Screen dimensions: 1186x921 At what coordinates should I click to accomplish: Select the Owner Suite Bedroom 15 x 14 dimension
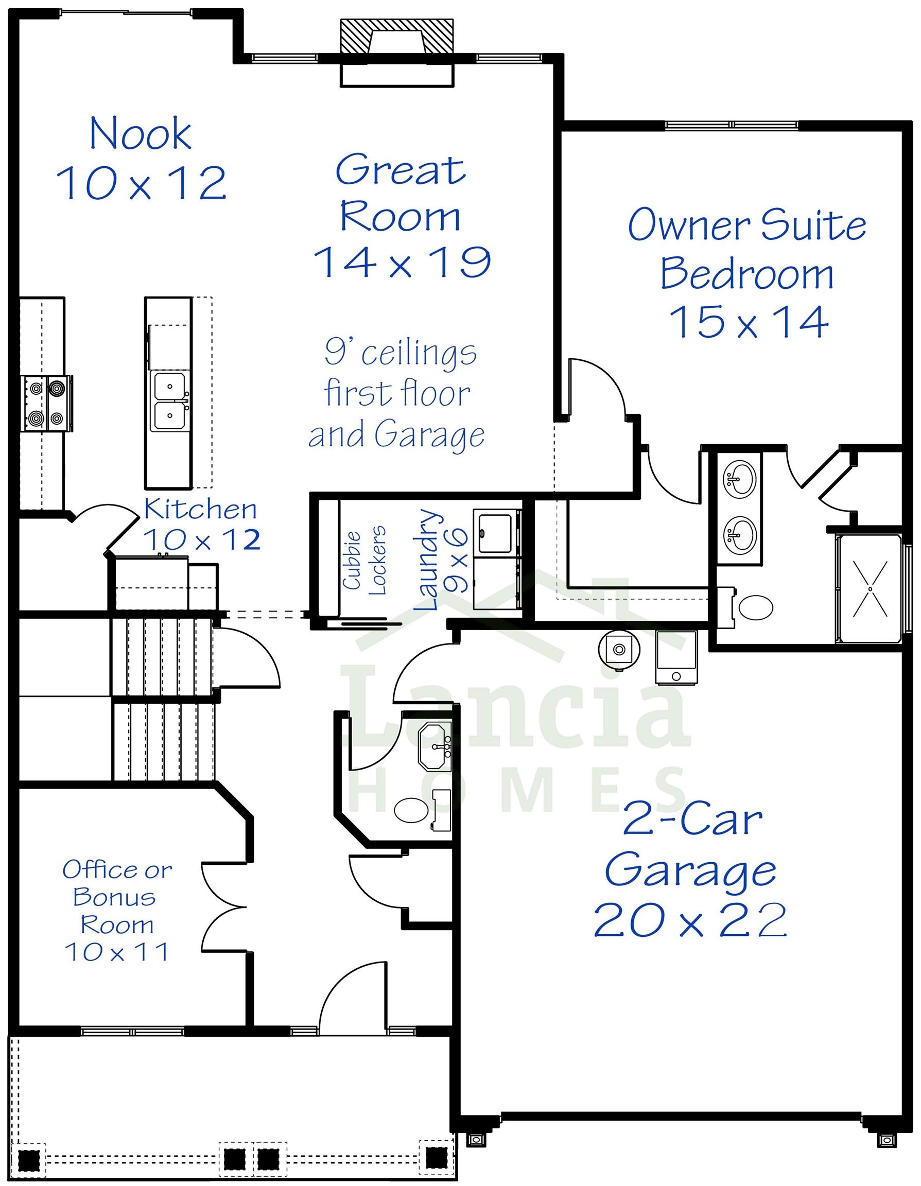coord(749,322)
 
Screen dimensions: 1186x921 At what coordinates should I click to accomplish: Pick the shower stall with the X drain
coord(870,589)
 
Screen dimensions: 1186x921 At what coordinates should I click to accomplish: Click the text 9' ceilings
coord(400,353)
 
